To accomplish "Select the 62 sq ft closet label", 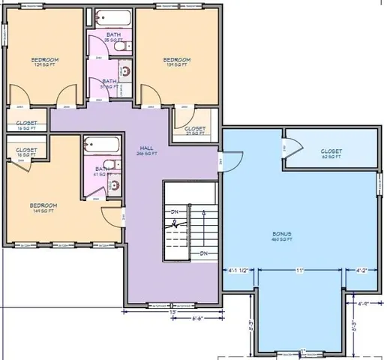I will coord(331,154).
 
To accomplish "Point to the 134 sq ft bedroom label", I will coord(177,61).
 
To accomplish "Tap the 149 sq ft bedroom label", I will coord(43,208).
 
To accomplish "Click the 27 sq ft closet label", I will coord(194,130).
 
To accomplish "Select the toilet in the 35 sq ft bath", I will coord(121,46).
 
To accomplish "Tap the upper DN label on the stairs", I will coord(173,211).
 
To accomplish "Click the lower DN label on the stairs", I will coord(203,253).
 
